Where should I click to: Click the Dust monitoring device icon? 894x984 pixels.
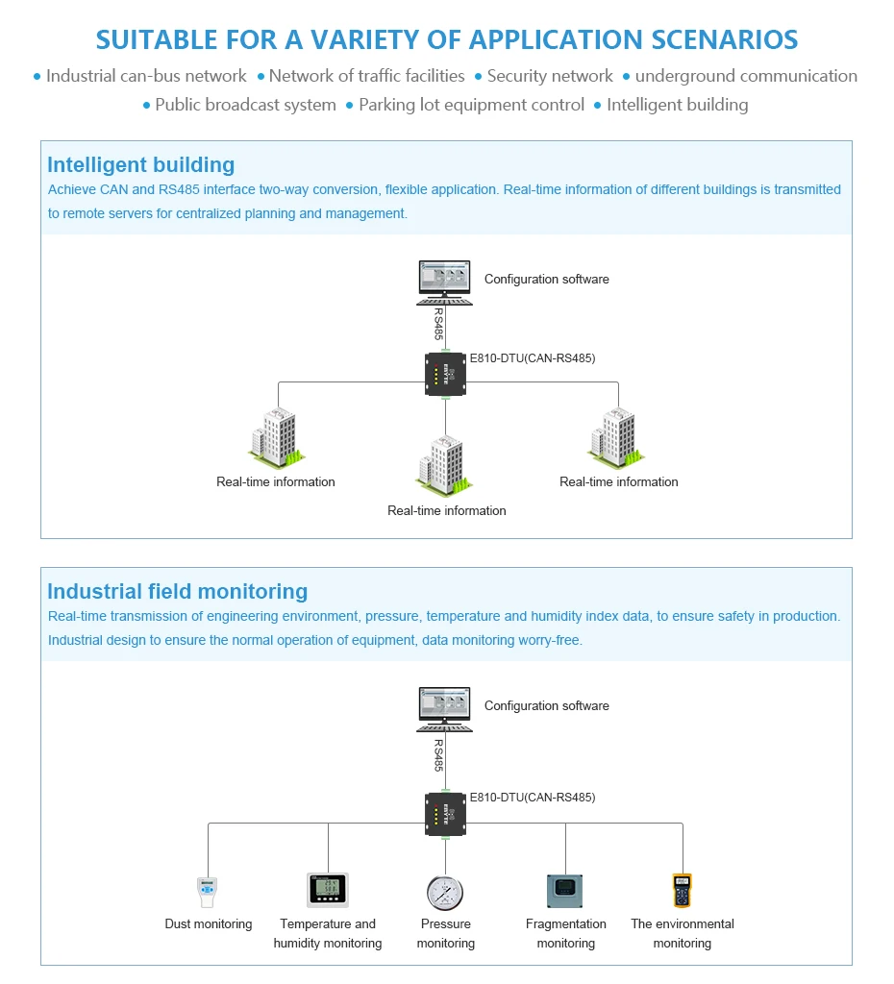pos(208,892)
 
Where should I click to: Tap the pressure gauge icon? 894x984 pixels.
pos(445,893)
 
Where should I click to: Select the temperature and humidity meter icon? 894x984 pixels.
pos(328,890)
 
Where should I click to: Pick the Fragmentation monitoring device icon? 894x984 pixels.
pos(565,891)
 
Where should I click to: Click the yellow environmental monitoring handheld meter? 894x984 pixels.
pos(682,891)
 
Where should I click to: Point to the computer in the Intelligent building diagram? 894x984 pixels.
pos(444,283)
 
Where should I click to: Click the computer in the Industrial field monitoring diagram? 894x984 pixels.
pos(444,710)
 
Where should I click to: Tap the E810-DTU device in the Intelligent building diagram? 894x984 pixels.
pos(445,375)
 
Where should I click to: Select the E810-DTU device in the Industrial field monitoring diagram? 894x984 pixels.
pos(445,815)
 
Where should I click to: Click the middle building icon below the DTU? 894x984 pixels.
pos(444,465)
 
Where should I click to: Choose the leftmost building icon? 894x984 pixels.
pos(276,438)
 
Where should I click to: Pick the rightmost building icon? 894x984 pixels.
pos(616,438)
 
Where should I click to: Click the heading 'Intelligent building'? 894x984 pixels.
pos(141,164)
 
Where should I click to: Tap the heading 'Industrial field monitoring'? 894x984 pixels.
pos(178,591)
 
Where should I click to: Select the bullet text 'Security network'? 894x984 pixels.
pos(550,76)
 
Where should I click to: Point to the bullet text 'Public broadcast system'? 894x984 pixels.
pos(245,105)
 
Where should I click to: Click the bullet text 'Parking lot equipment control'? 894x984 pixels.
pos(471,105)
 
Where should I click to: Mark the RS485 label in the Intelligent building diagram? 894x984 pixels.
pos(438,324)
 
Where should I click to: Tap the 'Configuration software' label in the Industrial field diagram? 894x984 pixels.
pos(547,706)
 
